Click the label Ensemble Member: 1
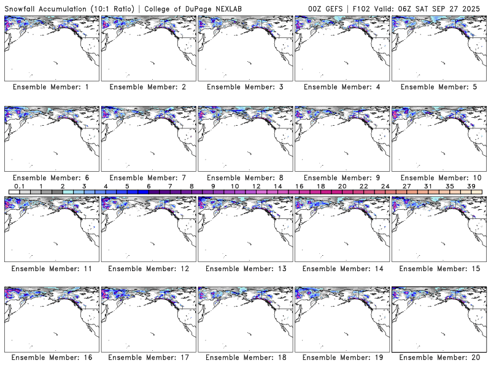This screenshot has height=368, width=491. [x=50, y=87]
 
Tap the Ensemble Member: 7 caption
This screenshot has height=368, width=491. [x=147, y=177]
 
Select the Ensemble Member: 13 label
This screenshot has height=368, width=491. [x=244, y=268]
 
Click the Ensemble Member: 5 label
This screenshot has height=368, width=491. [x=438, y=87]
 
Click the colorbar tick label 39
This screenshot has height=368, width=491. [x=471, y=186]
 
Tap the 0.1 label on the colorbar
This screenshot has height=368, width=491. [x=19, y=186]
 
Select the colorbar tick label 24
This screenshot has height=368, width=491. [x=385, y=186]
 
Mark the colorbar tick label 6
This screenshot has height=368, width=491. [x=149, y=186]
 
